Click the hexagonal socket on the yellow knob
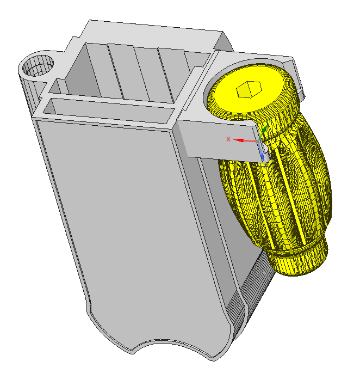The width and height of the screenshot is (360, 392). (x=249, y=89)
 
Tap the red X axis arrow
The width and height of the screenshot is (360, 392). (x=245, y=140)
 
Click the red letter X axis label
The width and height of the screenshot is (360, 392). (x=228, y=139)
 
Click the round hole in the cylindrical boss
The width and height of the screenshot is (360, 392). (x=38, y=66)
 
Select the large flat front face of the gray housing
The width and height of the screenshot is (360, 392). (x=130, y=225)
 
